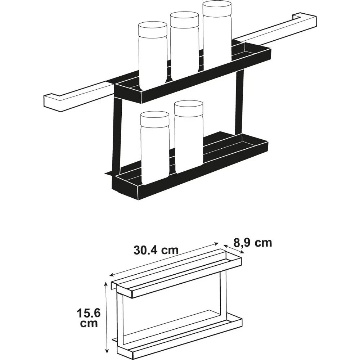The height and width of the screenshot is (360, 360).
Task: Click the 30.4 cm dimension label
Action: click(156, 250)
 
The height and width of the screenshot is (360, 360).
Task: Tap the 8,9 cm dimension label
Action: click(253, 242)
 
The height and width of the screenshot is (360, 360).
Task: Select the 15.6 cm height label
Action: click(89, 318)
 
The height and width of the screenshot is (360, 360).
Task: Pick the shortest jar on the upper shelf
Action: click(153, 55)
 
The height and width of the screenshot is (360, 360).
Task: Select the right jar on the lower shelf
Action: click(189, 136)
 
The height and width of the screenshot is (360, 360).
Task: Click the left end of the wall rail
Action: click(52, 102)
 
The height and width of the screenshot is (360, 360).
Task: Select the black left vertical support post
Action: click(117, 135)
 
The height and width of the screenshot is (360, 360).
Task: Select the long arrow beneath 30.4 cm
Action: click(164, 259)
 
